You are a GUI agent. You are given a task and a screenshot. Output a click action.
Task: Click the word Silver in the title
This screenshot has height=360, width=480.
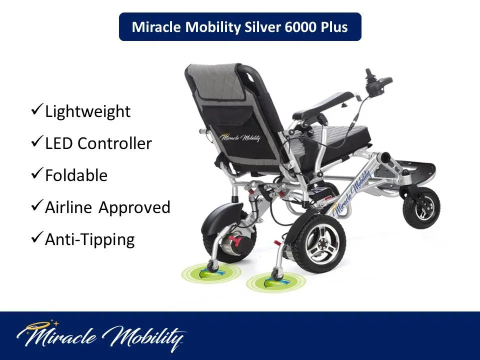(262, 27)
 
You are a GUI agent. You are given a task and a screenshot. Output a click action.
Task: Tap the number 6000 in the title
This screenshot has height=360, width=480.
(300, 27)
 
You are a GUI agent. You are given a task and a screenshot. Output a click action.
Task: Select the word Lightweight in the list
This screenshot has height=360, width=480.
(88, 111)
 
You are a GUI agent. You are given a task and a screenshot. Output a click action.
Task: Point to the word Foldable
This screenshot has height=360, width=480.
(76, 175)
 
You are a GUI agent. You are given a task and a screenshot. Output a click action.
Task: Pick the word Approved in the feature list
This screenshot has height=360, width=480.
(134, 208)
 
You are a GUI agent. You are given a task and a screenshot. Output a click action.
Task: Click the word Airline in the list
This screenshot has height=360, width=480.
(68, 207)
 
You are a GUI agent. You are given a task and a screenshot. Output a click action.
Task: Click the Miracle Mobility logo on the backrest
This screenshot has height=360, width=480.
(240, 137)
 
